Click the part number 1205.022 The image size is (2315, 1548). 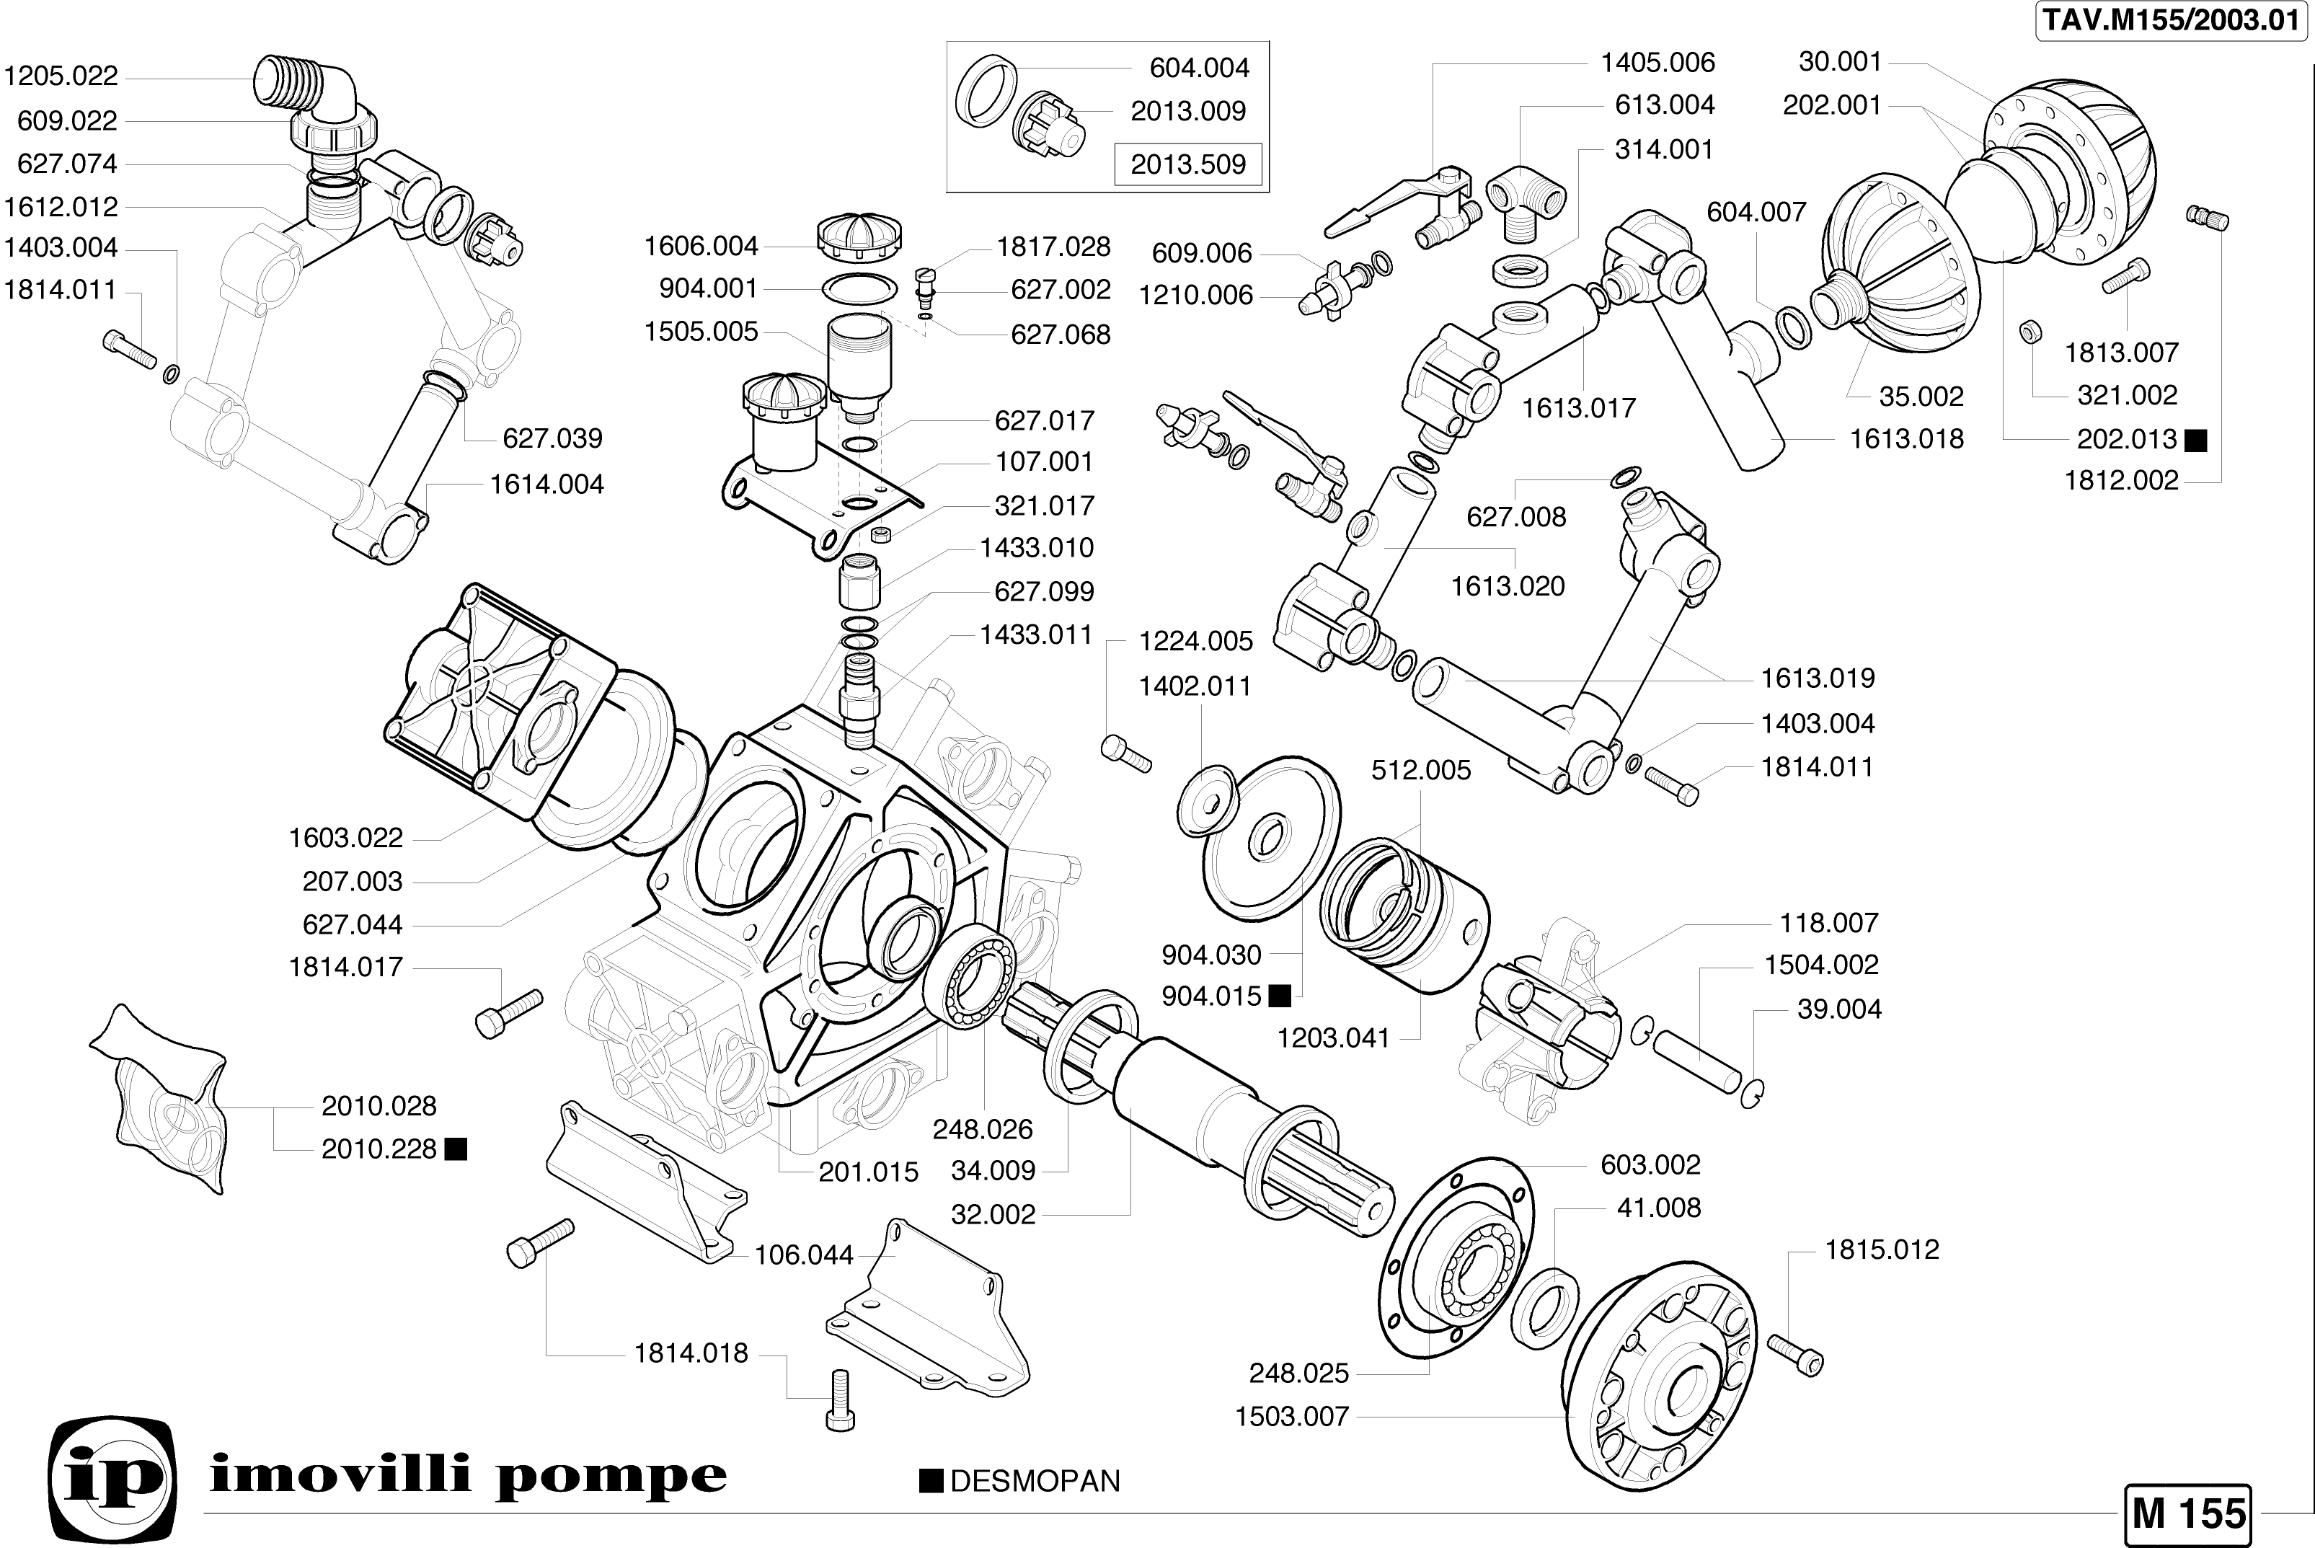click(x=61, y=76)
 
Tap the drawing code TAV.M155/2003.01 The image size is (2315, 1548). click(x=2171, y=21)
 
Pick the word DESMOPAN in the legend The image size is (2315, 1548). click(x=1035, y=1481)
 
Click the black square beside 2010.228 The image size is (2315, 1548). click(x=456, y=1149)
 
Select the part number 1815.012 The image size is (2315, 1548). click(x=1882, y=1249)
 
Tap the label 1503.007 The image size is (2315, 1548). click(x=1291, y=1417)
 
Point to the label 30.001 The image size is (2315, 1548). click(x=1840, y=61)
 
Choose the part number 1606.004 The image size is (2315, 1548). click(x=701, y=246)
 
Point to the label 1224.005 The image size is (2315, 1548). click(x=1195, y=641)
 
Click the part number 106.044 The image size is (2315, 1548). click(x=804, y=1255)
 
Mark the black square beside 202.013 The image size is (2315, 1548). click(x=2195, y=441)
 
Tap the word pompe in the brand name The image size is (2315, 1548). click(x=611, y=1477)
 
